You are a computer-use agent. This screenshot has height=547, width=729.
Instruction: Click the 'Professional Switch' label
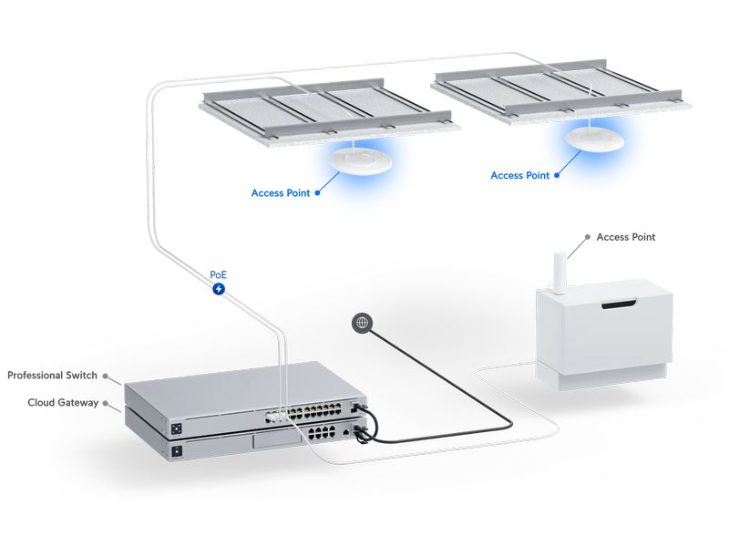pyautogui.click(x=51, y=376)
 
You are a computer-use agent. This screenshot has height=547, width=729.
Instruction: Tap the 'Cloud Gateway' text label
pyautogui.click(x=63, y=402)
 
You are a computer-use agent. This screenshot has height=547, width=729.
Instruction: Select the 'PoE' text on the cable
pyautogui.click(x=219, y=273)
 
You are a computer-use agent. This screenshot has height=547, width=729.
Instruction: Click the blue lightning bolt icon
pyautogui.click(x=219, y=289)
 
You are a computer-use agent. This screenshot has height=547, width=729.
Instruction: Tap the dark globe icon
pyautogui.click(x=363, y=322)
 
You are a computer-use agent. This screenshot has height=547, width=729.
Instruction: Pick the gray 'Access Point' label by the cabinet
pyautogui.click(x=625, y=237)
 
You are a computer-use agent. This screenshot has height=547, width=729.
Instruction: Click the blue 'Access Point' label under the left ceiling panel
pyautogui.click(x=280, y=193)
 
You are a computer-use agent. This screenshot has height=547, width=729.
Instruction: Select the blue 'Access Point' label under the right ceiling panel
pyautogui.click(x=519, y=175)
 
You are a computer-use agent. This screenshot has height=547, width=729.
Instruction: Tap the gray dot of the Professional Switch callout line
pyautogui.click(x=107, y=376)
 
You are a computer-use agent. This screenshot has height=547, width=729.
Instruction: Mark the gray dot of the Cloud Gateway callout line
pyautogui.click(x=107, y=402)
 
